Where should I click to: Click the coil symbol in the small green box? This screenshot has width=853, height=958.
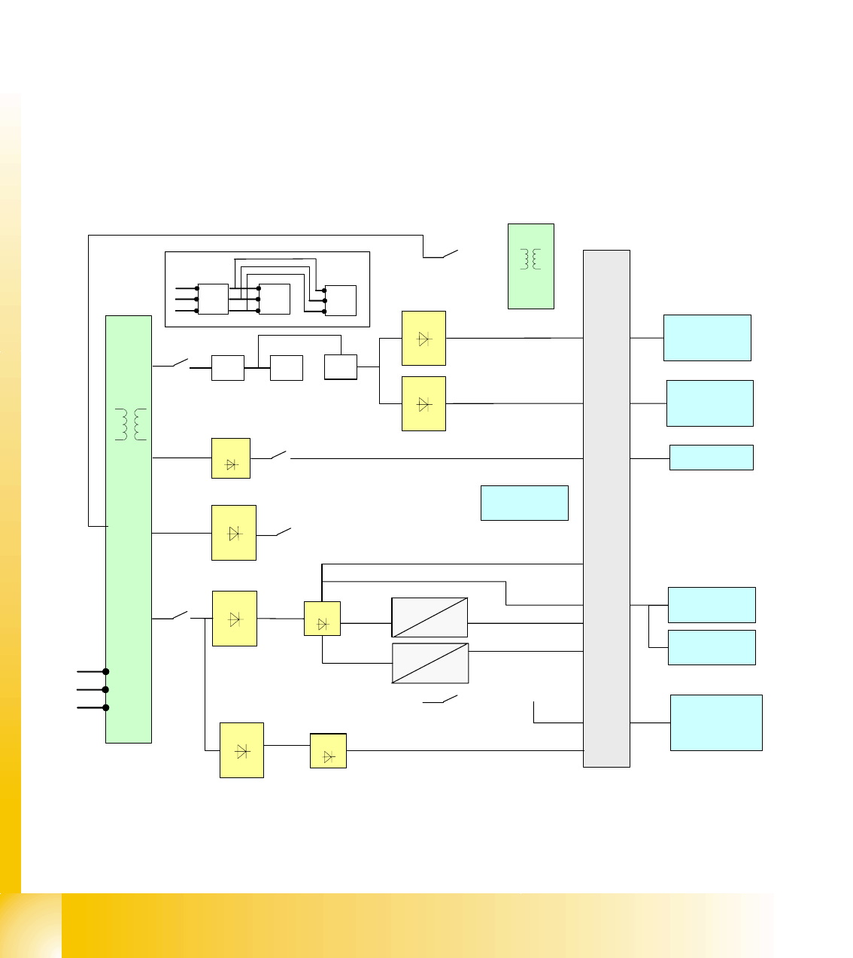[x=530, y=259]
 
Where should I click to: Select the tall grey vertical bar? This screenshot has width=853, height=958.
[x=606, y=508]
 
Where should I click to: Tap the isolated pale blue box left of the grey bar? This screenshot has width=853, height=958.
[x=524, y=503]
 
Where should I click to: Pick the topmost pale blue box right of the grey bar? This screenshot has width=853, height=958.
[x=707, y=338]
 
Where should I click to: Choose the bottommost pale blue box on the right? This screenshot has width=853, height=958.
[x=716, y=722]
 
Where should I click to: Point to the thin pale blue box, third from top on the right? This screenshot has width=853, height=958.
[x=711, y=458]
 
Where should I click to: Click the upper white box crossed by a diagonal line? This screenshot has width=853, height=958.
[x=430, y=618]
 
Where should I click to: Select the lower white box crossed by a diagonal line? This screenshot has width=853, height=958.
[x=430, y=663]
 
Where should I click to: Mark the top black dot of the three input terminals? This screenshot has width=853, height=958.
[x=106, y=671]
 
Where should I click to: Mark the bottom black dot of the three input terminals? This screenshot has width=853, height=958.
[x=106, y=707]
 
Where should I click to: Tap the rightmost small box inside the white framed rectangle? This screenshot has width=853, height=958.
[x=341, y=300]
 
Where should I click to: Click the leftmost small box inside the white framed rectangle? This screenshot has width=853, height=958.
[x=213, y=299]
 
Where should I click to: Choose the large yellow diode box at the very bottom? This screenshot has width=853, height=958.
[x=241, y=750]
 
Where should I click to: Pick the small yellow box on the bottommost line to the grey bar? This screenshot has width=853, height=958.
[x=328, y=751]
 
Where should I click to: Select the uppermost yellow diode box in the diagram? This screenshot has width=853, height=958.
[x=423, y=339]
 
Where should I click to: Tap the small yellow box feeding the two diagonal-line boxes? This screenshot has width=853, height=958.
[x=322, y=619]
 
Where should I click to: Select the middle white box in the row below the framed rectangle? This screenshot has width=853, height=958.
[x=287, y=368]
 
